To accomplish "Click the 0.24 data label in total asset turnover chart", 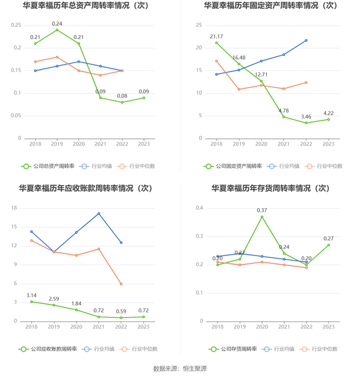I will (57, 24).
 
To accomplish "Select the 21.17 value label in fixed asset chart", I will (216, 36).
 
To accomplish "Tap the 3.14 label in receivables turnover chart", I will (32, 295).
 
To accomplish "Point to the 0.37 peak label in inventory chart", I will (262, 210).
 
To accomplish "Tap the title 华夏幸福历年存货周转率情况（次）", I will (271, 188).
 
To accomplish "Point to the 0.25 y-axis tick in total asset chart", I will (16, 25).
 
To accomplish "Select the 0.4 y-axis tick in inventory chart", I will (200, 208).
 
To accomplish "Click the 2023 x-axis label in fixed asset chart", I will (329, 145).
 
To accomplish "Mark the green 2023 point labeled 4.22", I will (329, 119).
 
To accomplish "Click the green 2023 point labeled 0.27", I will (329, 245).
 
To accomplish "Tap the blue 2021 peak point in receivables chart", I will (99, 213).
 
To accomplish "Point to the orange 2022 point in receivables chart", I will (121, 284).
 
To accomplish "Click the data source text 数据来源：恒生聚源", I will (180, 368).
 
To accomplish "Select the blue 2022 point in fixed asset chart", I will (306, 40).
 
